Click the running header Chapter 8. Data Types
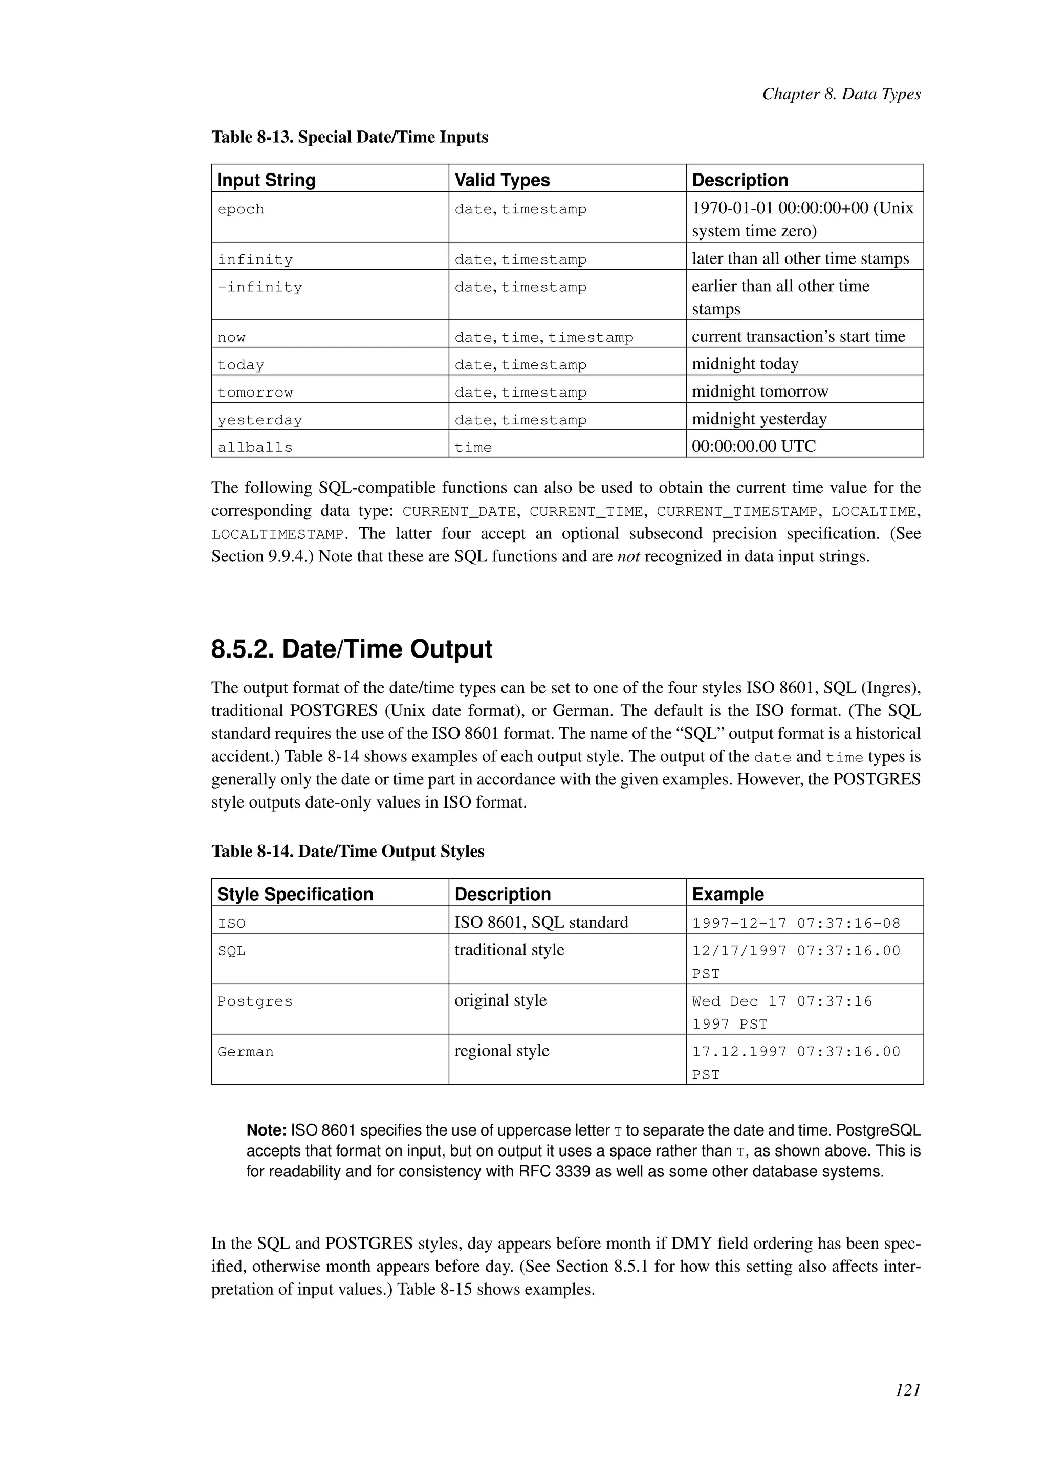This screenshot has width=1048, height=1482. (841, 94)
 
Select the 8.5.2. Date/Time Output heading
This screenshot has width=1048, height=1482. (352, 649)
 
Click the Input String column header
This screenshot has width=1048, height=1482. (266, 180)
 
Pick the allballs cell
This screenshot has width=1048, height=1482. (255, 447)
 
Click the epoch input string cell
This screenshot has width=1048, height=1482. (241, 209)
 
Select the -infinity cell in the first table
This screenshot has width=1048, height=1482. (259, 287)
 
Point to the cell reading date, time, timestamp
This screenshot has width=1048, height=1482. (544, 337)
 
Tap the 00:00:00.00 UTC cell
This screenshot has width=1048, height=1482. (754, 446)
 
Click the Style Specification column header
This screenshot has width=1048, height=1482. (295, 894)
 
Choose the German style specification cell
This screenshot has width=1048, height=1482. (245, 1052)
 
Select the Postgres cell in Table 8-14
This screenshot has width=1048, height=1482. (255, 1001)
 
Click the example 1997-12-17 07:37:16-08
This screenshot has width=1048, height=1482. (796, 923)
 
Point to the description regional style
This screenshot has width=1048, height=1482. (501, 1050)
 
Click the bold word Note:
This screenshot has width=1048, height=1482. (266, 1130)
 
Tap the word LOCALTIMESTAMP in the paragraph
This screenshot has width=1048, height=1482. (277, 534)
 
